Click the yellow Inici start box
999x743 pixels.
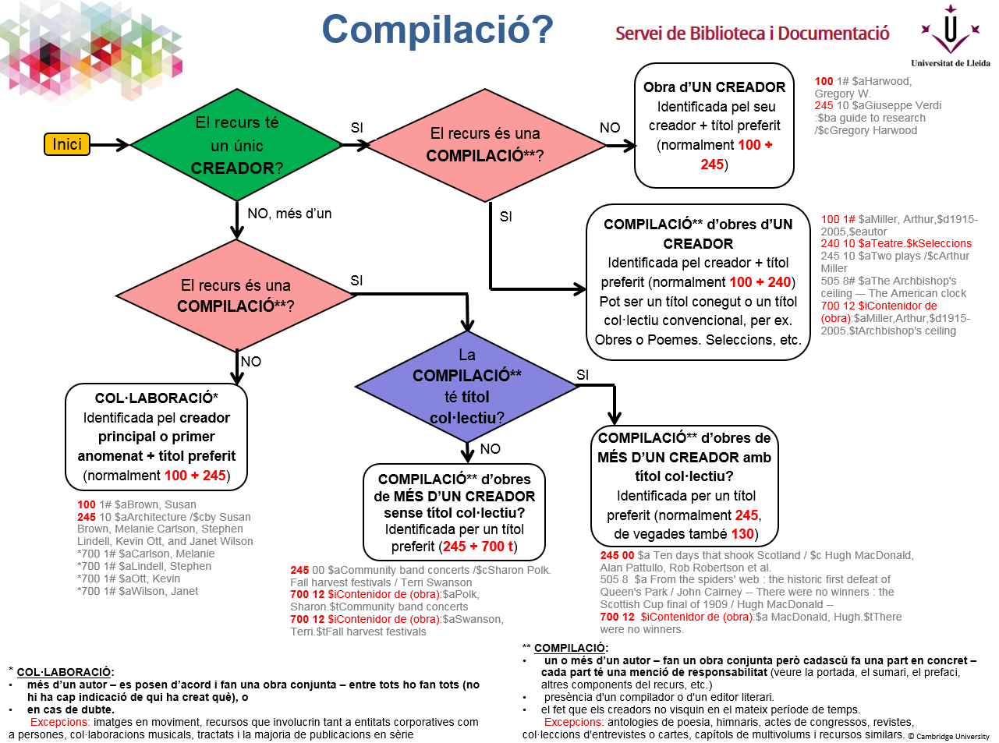coord(67,144)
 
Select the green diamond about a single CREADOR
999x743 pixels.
coord(236,145)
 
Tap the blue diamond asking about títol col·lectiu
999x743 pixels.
coord(466,387)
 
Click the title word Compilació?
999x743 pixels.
coord(438,30)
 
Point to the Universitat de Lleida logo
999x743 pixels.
coord(950,35)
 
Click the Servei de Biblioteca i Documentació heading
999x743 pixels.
coord(752,34)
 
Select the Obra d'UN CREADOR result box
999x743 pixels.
coord(714,126)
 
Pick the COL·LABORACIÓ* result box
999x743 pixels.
coord(156,437)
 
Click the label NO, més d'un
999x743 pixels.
coord(289,214)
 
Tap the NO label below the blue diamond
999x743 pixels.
coord(490,449)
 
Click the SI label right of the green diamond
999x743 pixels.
coord(356,128)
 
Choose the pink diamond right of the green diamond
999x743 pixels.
coord(484,145)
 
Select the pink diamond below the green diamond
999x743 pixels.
coord(236,295)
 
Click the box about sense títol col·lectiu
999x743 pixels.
coord(454,512)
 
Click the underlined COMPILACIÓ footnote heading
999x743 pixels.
coord(569,648)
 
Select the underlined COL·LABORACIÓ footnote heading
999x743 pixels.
coord(65,672)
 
